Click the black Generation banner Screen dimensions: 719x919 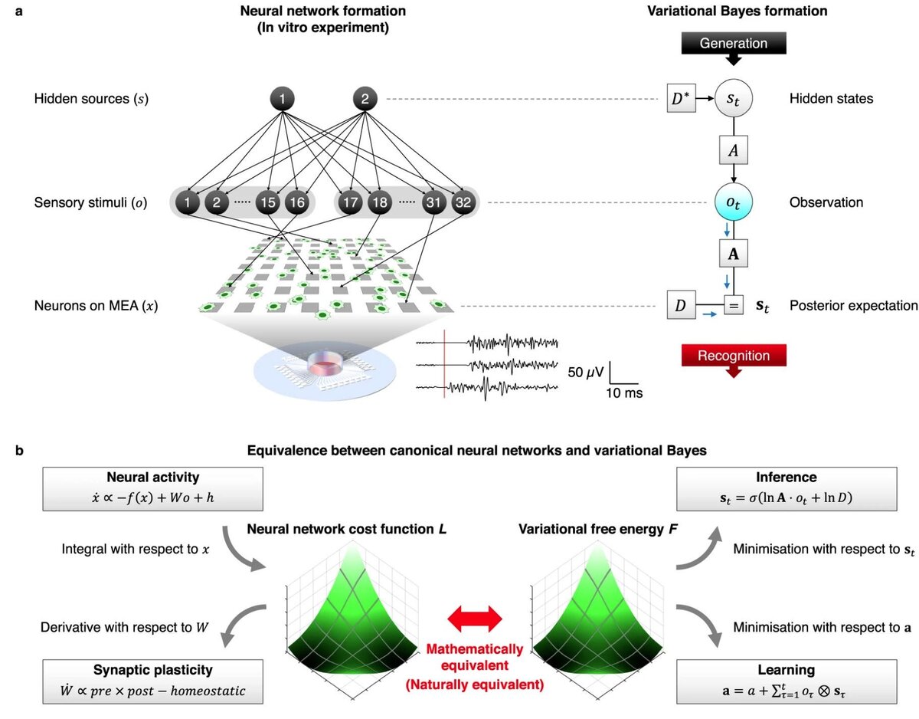pos(734,44)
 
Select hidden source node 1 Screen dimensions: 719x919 pos(283,99)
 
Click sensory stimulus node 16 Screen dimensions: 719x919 pos(296,204)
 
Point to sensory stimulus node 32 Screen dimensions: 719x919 pos(462,204)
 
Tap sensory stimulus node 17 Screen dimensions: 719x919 pos(351,204)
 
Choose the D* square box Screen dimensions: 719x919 pos(681,100)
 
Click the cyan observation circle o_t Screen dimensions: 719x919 pos(734,203)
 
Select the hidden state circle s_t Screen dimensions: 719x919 pos(734,100)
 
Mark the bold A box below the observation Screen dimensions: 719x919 pos(734,254)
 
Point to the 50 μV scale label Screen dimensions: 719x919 pos(587,373)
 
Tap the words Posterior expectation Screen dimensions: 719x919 pos(853,306)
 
